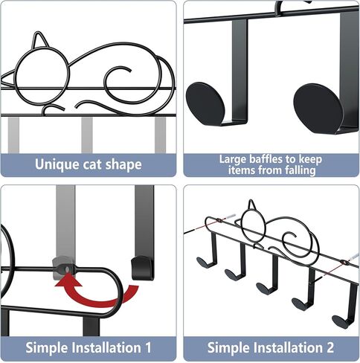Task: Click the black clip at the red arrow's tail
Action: point(139,267)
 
